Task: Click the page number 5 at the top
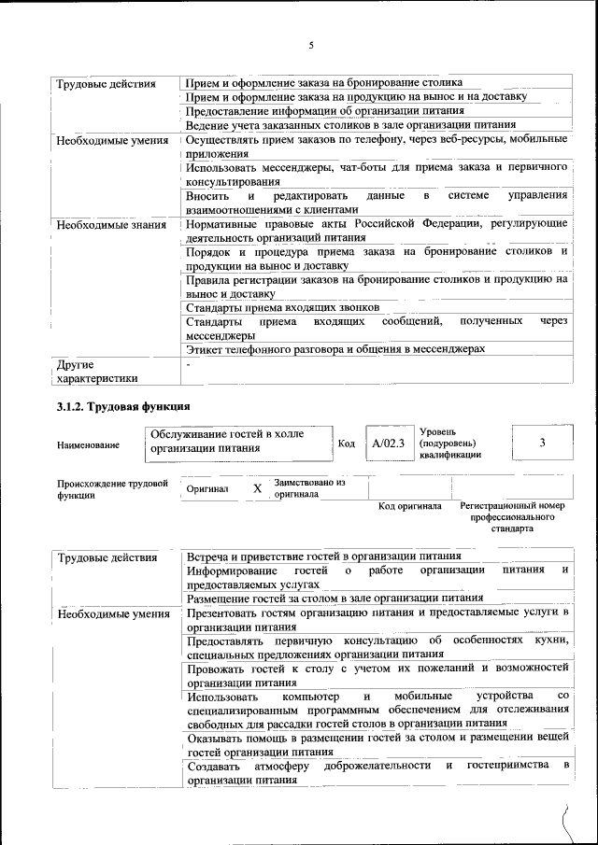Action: point(311,44)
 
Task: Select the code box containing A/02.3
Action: point(387,444)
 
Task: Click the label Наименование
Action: point(88,445)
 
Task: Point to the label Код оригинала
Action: point(409,507)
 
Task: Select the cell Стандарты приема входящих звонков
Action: point(281,307)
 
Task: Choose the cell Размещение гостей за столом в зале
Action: point(335,598)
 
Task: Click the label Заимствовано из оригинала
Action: point(309,488)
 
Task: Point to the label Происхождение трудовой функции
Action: point(112,489)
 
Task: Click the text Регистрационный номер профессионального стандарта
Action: point(512,516)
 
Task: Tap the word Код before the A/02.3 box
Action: point(346,444)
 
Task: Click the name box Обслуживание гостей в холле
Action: point(239,441)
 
